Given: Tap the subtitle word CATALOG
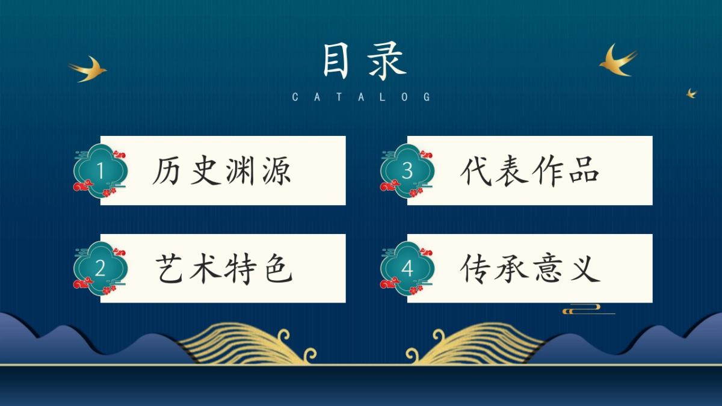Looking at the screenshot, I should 362,97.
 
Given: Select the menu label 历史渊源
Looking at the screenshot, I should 221,171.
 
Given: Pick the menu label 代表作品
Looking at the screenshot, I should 530,171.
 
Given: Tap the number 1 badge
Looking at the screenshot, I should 100,171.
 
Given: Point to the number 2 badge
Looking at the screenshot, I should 100,269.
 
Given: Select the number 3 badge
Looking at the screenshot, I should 407,171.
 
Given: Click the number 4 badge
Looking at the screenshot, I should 407,269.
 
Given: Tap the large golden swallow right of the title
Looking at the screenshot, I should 617,60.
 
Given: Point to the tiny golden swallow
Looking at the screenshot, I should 691,93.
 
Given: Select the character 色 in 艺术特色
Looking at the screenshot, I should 278,268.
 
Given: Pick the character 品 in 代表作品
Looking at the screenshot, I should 585,171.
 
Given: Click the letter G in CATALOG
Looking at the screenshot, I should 427,97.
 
